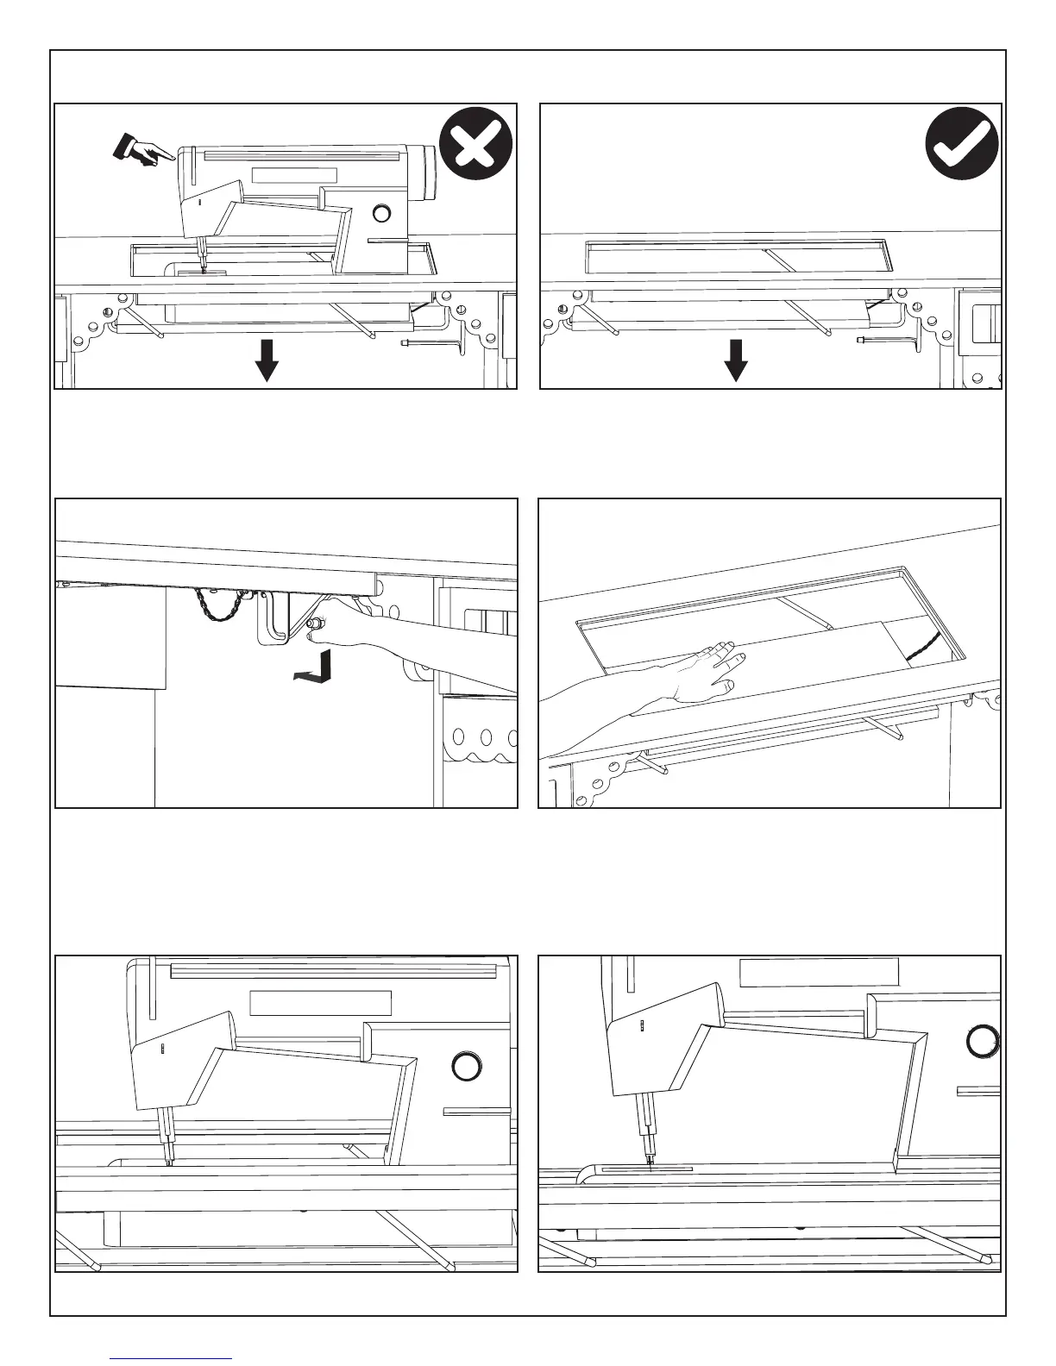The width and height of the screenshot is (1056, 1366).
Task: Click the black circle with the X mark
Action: [475, 143]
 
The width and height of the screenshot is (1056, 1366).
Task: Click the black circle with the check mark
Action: [961, 143]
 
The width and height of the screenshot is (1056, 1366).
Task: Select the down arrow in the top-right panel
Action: [735, 360]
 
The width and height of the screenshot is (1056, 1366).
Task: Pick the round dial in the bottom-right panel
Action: [982, 1041]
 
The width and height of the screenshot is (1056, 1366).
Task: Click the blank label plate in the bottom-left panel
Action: [320, 1003]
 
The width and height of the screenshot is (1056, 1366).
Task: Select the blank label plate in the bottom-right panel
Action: [820, 972]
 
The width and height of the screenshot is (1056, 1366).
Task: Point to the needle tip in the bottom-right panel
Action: [649, 1168]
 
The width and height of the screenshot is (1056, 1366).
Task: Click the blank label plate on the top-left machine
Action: [293, 175]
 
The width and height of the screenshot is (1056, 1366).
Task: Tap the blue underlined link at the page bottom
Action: [172, 1359]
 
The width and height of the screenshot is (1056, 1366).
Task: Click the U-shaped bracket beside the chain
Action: [272, 617]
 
